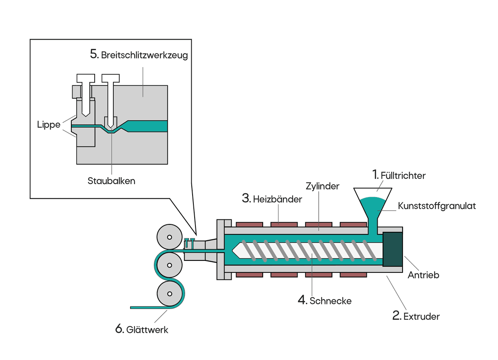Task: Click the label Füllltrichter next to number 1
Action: point(403,176)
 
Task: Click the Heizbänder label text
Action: point(278,199)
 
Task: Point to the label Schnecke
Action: point(330,301)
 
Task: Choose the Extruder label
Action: point(421,316)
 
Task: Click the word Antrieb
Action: point(423,275)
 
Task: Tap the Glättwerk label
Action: point(147,330)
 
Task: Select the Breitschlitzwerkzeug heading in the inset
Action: point(144,55)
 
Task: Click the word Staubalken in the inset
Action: point(111,181)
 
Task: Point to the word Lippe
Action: point(49,125)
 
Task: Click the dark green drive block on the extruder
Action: point(393,249)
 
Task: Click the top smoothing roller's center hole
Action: point(169,237)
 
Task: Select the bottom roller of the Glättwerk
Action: point(169,294)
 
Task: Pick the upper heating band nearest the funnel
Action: point(353,224)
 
